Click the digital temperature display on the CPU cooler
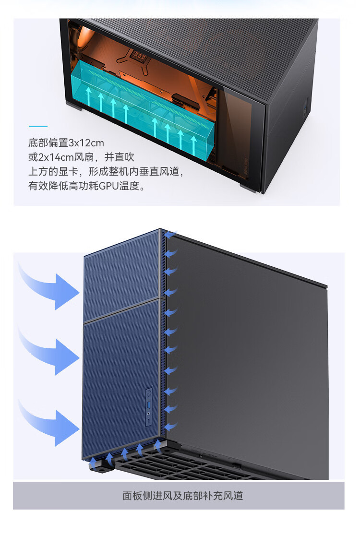tap(139, 56)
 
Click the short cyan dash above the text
tap(38, 126)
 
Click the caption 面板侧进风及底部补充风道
tap(183, 496)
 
